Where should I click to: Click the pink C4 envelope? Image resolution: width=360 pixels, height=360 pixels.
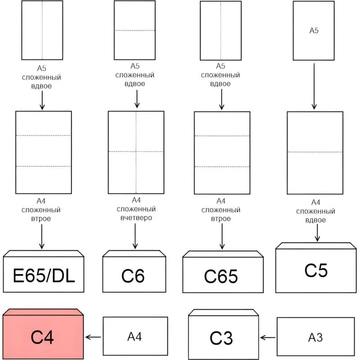coord(43,335)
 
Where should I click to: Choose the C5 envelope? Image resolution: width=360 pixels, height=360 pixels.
coord(316,270)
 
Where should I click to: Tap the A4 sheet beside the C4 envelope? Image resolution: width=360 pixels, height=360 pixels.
coord(135,336)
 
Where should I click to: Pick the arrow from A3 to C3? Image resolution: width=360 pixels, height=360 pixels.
coord(268,337)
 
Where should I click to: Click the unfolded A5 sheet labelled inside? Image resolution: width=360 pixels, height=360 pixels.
coord(314,31)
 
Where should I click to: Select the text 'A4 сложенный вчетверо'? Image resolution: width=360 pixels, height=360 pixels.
coord(136,209)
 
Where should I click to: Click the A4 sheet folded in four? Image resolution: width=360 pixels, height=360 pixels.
coord(136,152)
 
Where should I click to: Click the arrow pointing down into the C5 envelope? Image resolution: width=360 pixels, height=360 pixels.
coord(318,233)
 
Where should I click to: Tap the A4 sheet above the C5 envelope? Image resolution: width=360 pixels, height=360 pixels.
coord(314,152)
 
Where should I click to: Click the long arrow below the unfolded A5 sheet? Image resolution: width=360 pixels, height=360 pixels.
coord(314,86)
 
